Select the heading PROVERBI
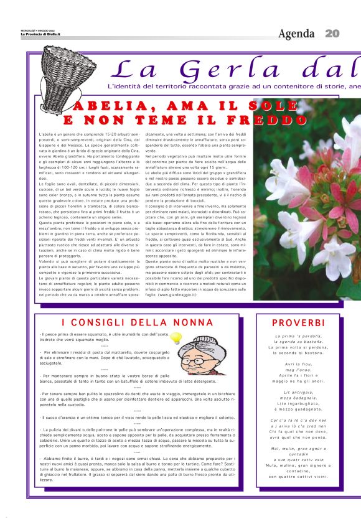298,323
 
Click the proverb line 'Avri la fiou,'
298,363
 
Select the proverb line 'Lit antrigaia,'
298,392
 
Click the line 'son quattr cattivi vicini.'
298,477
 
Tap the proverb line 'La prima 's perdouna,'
298,336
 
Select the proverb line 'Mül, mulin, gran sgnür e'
298,448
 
